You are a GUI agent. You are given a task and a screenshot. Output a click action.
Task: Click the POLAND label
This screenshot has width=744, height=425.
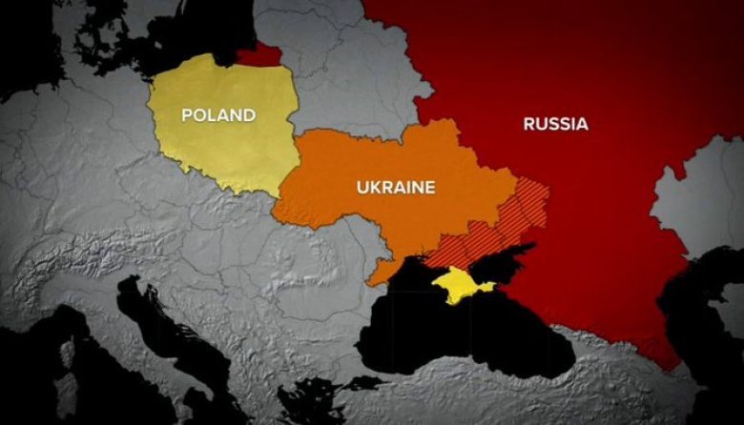point(218,115)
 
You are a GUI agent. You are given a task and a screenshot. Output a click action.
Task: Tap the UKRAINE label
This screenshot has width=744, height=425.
point(395,188)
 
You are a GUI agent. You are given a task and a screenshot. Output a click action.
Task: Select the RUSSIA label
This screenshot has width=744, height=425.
point(555,124)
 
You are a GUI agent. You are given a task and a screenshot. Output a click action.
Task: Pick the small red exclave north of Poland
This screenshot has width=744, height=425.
point(266,54)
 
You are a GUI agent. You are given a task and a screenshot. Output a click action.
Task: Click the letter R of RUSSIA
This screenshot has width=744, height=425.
point(528,124)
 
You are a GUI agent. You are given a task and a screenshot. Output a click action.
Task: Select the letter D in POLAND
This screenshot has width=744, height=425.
point(249,115)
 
